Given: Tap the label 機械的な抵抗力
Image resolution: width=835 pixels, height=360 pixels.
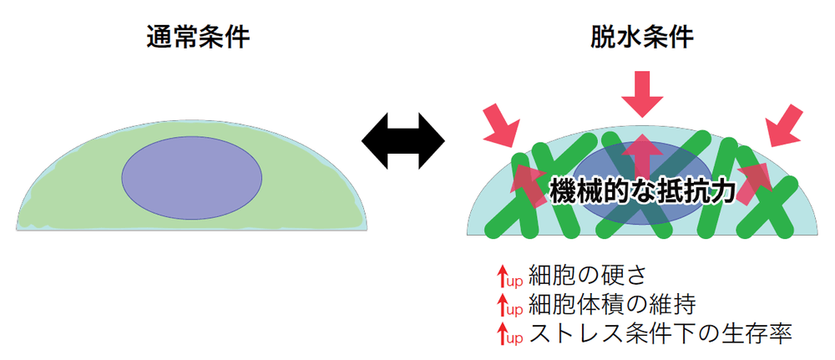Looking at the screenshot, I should [x=642, y=191].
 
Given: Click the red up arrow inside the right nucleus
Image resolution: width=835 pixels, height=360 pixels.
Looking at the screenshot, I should [x=642, y=150].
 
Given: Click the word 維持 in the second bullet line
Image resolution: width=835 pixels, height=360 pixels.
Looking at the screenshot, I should [x=681, y=304].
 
